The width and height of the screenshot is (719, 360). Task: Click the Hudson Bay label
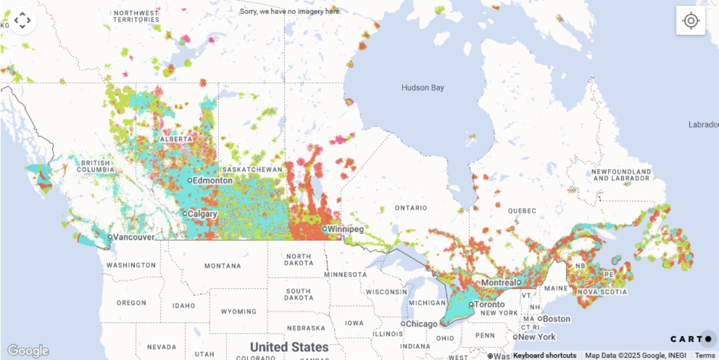(422, 88)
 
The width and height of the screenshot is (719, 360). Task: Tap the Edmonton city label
(212, 180)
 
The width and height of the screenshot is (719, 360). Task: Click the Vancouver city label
(133, 237)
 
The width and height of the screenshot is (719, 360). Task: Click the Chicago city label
(421, 324)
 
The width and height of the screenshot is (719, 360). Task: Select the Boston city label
(557, 319)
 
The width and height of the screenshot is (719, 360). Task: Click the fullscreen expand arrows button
(23, 20)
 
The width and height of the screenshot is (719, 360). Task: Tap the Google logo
(28, 351)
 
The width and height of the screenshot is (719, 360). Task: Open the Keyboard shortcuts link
(544, 355)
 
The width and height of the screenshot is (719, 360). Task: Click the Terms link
(705, 355)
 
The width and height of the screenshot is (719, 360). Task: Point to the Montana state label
(223, 266)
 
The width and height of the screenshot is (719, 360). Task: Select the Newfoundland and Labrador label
(621, 175)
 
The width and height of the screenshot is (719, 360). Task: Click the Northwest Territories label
(136, 16)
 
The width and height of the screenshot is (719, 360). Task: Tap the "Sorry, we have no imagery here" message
(290, 11)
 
